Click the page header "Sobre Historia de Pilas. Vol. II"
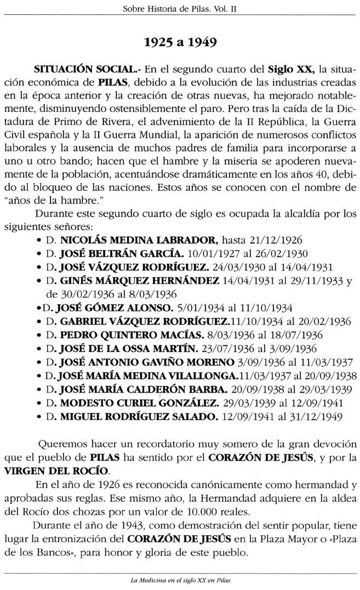coord(179,8)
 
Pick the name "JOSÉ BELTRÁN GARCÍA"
coord(122,253)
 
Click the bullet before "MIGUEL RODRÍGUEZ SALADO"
coord(38,416)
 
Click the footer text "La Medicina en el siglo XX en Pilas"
coord(180,581)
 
